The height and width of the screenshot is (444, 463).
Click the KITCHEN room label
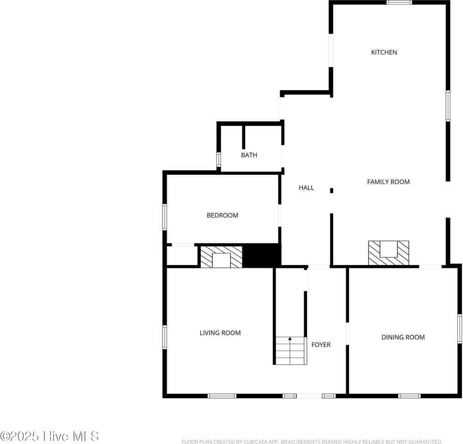pyautogui.click(x=384, y=52)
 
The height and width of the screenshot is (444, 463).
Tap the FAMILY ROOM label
pyautogui.click(x=388, y=182)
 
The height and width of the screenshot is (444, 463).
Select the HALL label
pyautogui.click(x=306, y=187)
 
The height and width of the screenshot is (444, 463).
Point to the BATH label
pyautogui.click(x=249, y=155)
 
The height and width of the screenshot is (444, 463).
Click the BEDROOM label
pyautogui.click(x=222, y=215)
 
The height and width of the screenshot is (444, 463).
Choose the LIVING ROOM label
pyautogui.click(x=220, y=333)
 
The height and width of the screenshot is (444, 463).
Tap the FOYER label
pyautogui.click(x=321, y=345)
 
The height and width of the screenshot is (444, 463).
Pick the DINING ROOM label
pyautogui.click(x=403, y=337)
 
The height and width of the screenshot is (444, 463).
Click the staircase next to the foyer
pyautogui.click(x=291, y=351)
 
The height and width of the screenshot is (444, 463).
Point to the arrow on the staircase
pyautogui.click(x=290, y=339)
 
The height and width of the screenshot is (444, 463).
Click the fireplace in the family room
pyautogui.click(x=388, y=253)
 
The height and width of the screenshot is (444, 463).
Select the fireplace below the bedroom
pyautogui.click(x=221, y=257)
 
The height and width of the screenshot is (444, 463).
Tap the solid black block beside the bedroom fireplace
pyautogui.click(x=262, y=255)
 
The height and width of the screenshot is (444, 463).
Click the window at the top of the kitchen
pyautogui.click(x=399, y=2)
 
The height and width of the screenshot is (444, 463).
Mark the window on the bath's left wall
pyautogui.click(x=219, y=160)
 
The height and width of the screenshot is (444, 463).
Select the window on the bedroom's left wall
pyautogui.click(x=164, y=217)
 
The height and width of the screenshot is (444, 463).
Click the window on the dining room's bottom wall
pyautogui.click(x=409, y=395)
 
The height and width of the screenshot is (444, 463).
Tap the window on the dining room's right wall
pyautogui.click(x=460, y=328)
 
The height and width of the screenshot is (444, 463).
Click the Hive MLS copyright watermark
pyautogui.click(x=49, y=436)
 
